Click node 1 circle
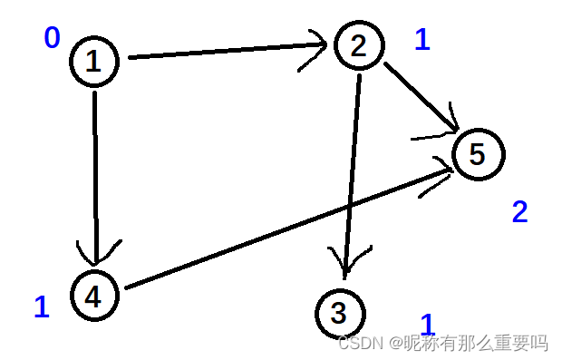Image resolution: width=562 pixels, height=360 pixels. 93,62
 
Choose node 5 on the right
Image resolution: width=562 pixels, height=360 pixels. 477,154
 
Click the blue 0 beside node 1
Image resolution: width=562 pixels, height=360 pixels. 52,38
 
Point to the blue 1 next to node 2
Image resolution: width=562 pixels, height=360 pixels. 422,40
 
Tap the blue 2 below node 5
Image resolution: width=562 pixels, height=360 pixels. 519,212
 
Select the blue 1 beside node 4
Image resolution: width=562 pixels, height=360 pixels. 42,307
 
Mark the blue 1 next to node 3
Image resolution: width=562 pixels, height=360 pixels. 428,324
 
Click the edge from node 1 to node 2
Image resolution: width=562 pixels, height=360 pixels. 227,52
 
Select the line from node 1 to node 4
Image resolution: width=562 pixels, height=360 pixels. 95,172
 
